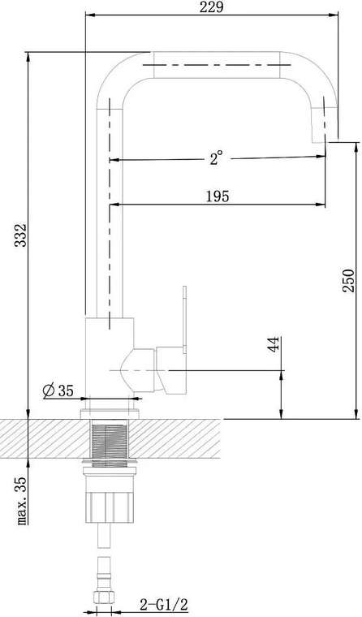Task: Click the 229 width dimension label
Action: tap(211, 7)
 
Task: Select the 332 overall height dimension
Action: tap(20, 235)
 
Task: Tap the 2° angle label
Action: tap(217, 158)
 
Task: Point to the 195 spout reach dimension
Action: tap(218, 196)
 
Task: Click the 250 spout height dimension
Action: tap(348, 280)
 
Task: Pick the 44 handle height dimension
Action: tap(274, 344)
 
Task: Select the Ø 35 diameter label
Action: tap(58, 390)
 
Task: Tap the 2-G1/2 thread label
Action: tap(164, 603)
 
